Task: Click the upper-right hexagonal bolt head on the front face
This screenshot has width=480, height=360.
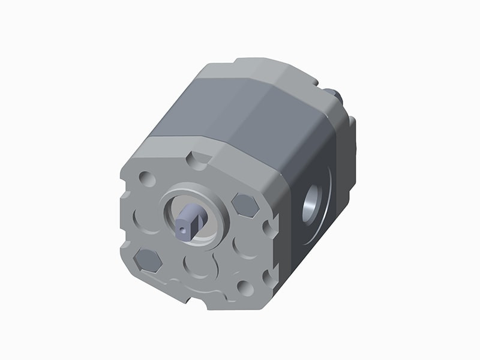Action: point(245,205)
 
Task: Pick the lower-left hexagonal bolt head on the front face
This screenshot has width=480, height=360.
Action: point(148,260)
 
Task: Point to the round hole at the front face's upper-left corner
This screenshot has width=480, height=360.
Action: point(146,179)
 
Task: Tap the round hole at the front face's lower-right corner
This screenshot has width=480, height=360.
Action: point(245,287)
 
